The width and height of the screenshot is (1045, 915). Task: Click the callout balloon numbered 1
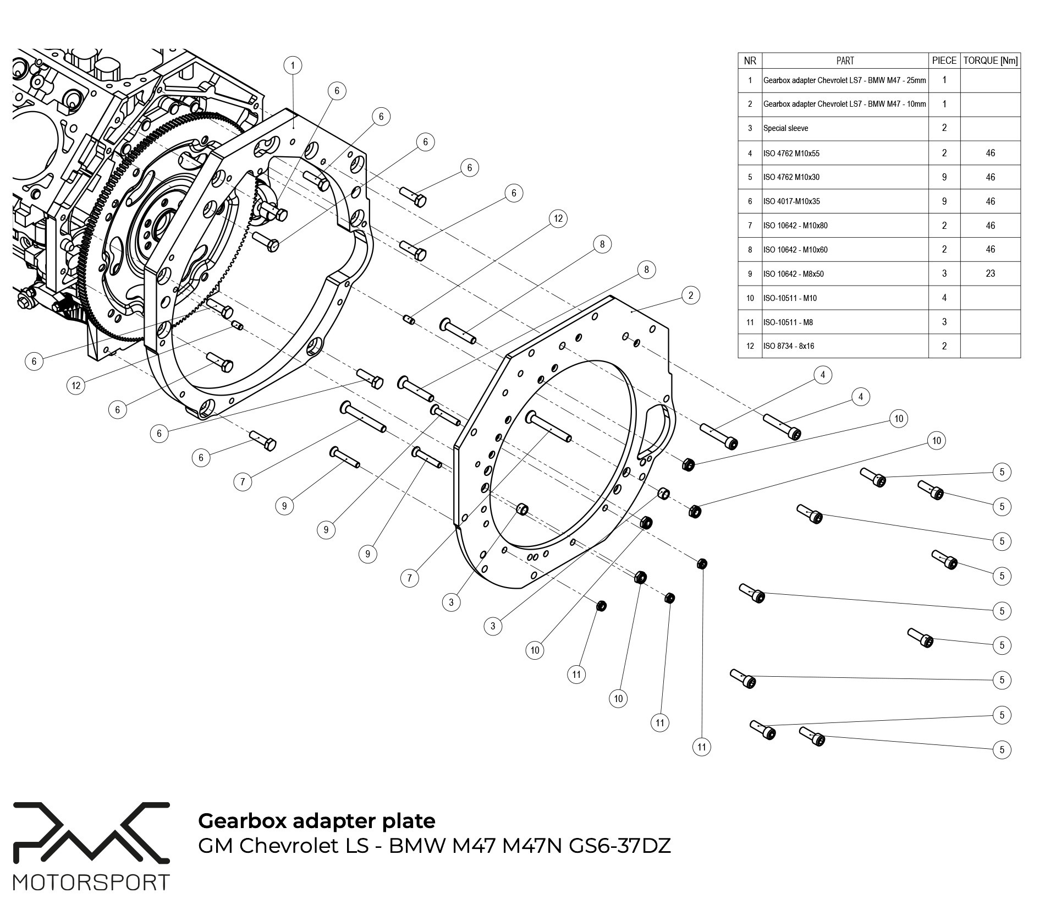(x=293, y=65)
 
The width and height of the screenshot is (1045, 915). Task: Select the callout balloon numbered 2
(x=690, y=295)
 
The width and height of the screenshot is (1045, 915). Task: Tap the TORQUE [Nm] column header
(x=990, y=61)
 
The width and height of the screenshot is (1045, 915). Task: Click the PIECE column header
(x=944, y=61)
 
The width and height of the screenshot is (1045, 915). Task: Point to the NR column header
(x=750, y=61)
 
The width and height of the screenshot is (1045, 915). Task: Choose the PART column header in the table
(x=845, y=61)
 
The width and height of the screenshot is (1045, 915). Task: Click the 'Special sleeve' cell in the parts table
(x=785, y=128)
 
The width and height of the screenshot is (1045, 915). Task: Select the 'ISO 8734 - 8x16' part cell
(x=788, y=346)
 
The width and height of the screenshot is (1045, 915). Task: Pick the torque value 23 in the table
(x=990, y=273)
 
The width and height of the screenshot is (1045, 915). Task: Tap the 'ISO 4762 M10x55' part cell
(x=791, y=154)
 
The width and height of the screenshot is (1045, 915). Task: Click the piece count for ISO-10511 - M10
(x=944, y=298)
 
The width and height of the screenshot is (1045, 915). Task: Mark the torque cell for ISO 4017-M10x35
(x=990, y=201)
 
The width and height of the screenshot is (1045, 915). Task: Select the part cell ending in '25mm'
(x=844, y=80)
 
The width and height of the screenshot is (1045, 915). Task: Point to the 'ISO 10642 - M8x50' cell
(x=793, y=274)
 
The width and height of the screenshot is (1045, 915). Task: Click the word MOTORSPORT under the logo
(x=91, y=883)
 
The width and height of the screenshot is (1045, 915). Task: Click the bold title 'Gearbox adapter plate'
(x=316, y=820)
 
